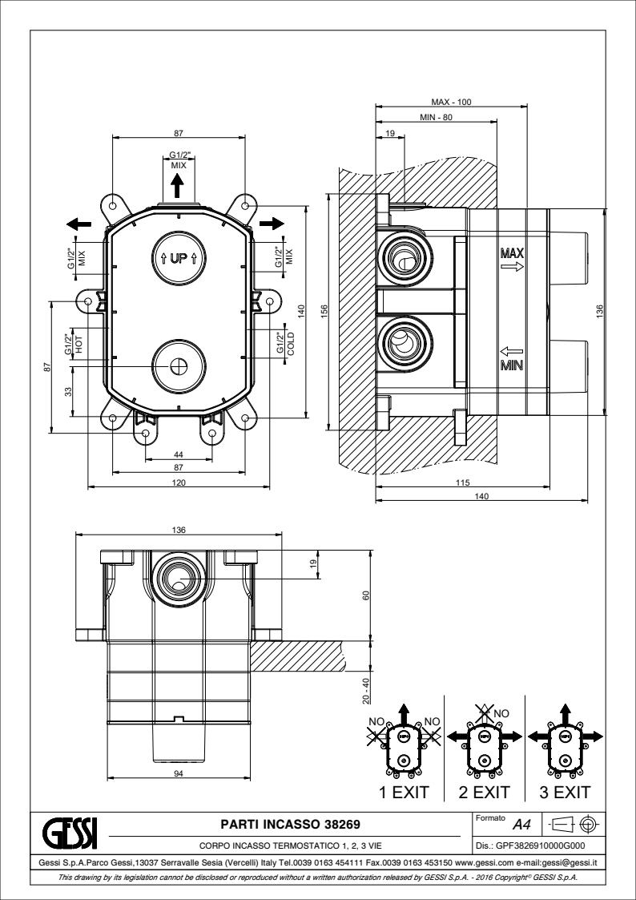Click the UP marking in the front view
tap(179, 258)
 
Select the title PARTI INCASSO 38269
tap(290, 825)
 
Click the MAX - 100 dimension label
tap(451, 102)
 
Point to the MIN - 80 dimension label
tap(436, 118)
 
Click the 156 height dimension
tap(324, 312)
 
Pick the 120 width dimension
tap(179, 482)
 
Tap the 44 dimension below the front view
tap(179, 455)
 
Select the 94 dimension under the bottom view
tap(179, 773)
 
